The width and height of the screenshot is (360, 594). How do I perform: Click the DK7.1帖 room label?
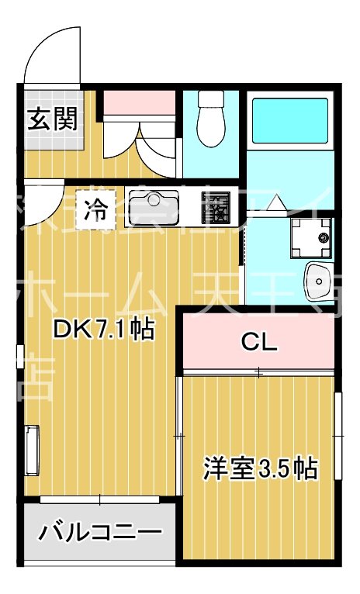[x=103, y=330]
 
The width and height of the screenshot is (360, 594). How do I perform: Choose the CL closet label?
[x=258, y=342]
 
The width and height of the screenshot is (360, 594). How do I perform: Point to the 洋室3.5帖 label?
[x=260, y=468]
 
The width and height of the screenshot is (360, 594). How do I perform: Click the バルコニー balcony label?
[x=101, y=533]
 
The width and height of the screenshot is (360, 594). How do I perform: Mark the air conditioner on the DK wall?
[x=31, y=449]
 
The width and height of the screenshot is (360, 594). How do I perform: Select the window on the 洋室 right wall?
[x=338, y=438]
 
